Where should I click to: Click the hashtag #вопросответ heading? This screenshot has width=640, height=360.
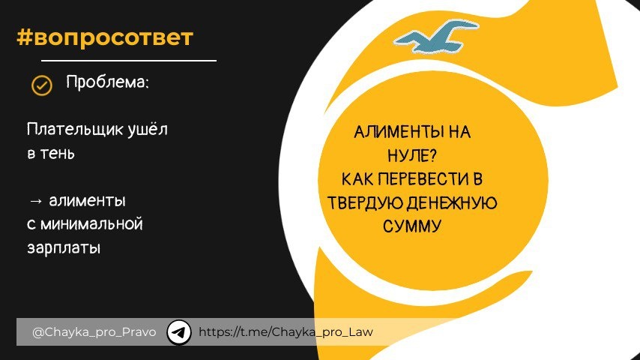tap(105, 37)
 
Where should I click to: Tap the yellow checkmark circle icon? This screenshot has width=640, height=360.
tap(41, 85)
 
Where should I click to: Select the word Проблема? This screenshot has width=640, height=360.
tap(108, 82)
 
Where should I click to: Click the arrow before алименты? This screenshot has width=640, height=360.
tap(35, 201)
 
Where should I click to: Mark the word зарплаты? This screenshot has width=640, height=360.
tap(64, 247)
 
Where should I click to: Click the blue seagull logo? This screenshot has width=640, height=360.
tap(436, 37)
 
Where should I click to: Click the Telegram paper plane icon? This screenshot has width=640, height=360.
tap(179, 331)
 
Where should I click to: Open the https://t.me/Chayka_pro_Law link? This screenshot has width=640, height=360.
tap(286, 331)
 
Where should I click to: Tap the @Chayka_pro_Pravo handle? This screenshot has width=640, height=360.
tap(94, 331)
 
